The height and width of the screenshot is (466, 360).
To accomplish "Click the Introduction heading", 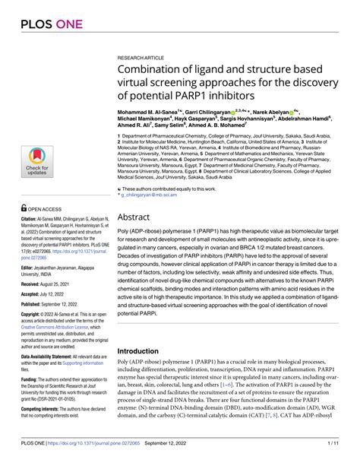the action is [x=145, y=351].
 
